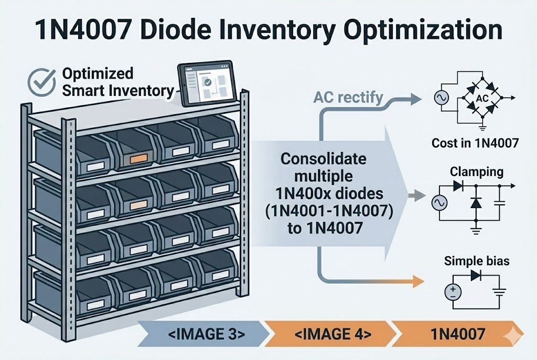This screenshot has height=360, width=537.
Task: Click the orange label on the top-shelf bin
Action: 138,157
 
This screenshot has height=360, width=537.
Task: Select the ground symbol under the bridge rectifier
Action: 481,126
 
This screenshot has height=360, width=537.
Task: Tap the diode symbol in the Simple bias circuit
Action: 476,276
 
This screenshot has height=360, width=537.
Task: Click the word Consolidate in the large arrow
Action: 324,158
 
